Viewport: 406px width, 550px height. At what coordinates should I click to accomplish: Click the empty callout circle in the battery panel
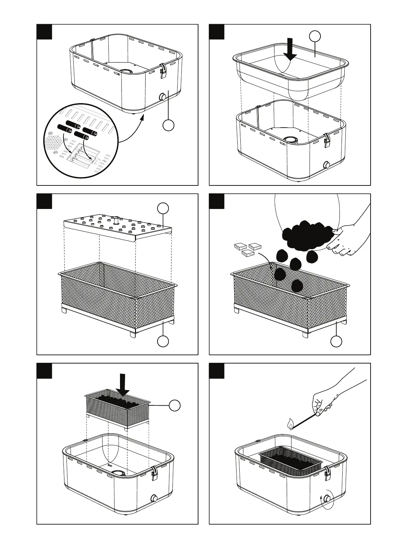click(x=168, y=125)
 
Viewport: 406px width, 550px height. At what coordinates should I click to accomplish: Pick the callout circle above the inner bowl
click(x=315, y=35)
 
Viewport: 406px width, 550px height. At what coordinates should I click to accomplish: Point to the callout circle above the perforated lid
click(x=163, y=208)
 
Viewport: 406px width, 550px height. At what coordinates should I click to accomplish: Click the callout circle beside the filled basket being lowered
click(x=175, y=405)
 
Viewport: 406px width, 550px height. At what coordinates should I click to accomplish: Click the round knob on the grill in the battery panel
click(x=162, y=97)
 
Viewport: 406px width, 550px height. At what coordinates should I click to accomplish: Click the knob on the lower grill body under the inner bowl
click(x=326, y=165)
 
